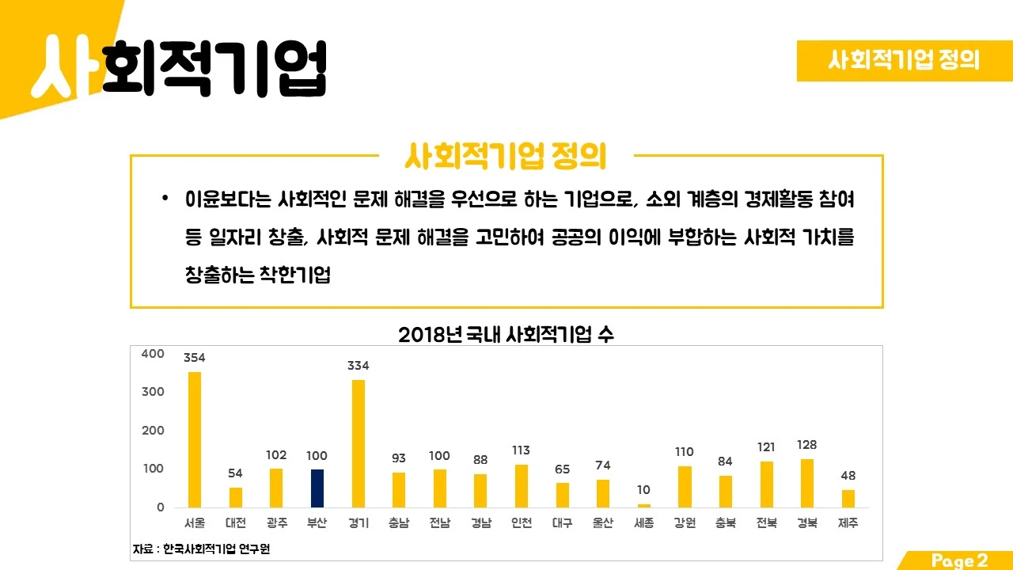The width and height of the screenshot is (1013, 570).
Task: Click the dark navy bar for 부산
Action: (317, 488)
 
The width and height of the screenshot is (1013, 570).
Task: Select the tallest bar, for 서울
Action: (195, 439)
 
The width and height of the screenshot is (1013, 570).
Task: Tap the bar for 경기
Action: (359, 443)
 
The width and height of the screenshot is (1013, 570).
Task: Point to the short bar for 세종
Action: (644, 505)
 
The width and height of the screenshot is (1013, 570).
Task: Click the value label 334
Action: (359, 366)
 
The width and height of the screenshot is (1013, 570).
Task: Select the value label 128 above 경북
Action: (807, 445)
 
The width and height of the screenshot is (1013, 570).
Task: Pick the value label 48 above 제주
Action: (848, 476)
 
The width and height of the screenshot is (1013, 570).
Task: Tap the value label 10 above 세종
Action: (644, 491)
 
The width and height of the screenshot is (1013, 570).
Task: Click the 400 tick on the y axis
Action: (153, 354)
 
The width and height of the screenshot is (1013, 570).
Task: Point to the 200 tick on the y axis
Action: (153, 431)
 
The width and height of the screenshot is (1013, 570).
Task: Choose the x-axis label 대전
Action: (236, 523)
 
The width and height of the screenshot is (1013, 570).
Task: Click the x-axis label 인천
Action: (522, 523)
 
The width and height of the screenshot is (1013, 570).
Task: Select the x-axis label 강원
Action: (685, 523)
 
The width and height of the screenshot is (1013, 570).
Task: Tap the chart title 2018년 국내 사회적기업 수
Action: (506, 335)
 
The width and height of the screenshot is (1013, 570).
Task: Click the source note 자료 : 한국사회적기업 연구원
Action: (201, 549)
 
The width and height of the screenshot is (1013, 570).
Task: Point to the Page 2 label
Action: (959, 560)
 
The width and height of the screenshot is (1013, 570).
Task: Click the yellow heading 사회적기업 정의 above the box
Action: (505, 157)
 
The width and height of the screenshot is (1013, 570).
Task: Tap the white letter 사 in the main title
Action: (66, 67)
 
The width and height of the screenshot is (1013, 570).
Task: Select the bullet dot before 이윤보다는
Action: (165, 198)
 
